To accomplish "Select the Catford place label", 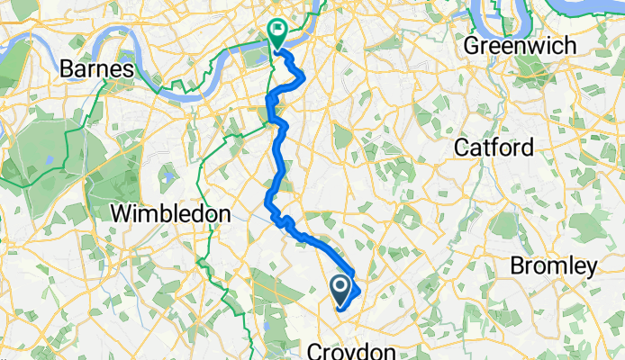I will (494, 147).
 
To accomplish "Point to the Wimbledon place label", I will (170, 214).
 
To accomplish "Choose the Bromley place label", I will (553, 266).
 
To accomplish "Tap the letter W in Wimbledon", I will (121, 214).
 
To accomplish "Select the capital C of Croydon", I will (316, 350).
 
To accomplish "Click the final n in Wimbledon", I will (222, 214).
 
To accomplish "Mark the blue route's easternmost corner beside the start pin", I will (360, 291).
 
